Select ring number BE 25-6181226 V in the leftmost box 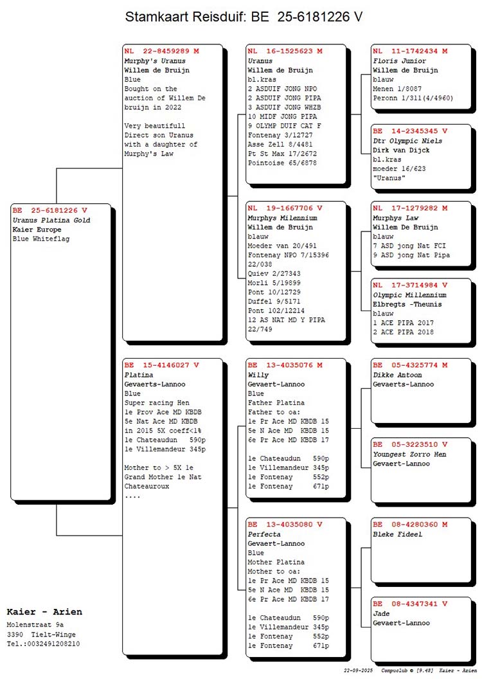coord(49,210)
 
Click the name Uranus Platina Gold coord(51,220)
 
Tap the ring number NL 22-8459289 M coord(161,51)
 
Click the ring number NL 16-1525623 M coord(285,51)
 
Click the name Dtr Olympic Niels coord(407,141)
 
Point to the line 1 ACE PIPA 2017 coord(404,323)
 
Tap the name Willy coord(258,375)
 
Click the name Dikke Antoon coord(397,375)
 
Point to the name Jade coord(381,613)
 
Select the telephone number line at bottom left coord(43,644)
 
